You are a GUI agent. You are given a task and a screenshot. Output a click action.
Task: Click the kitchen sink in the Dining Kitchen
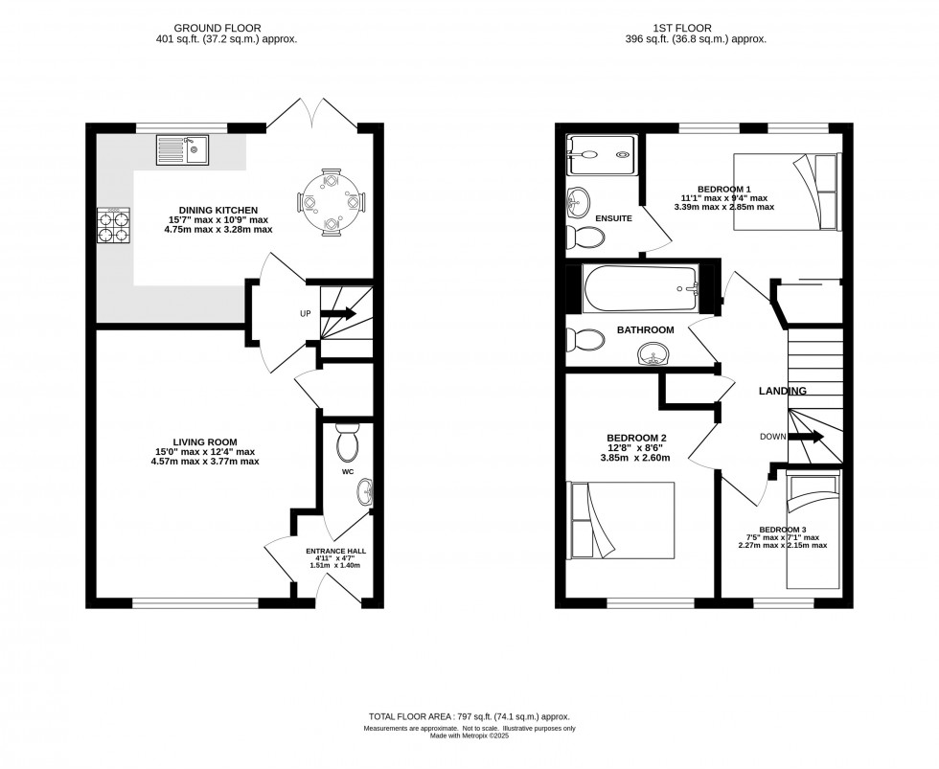tap(182, 150)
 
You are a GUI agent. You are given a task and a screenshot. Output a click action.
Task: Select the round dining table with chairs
tap(331, 201)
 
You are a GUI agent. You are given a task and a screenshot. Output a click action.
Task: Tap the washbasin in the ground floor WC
tap(365, 493)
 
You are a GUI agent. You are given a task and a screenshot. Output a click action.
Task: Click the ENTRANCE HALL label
tap(334, 552)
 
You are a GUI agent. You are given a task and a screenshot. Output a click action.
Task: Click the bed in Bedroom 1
tap(786, 191)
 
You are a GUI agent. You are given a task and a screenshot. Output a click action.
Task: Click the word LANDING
tap(783, 391)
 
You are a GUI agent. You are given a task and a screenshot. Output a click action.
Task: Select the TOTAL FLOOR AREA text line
tap(469, 716)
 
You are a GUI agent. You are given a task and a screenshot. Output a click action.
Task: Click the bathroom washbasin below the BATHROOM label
tap(654, 354)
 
